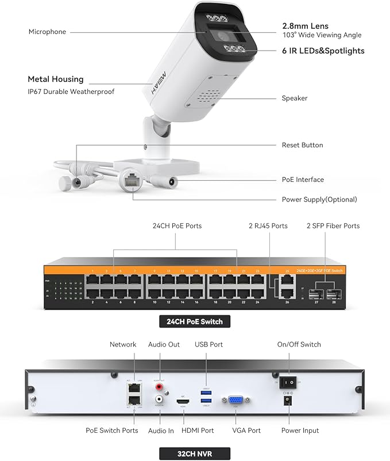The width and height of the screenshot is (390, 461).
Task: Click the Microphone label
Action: pos(47,32)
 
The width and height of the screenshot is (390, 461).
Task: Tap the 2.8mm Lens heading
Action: pos(304,26)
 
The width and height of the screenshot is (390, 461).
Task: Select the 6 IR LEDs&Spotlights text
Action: pos(323,51)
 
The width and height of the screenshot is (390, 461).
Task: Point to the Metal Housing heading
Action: pos(56,79)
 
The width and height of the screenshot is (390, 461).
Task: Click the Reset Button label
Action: pos(302,145)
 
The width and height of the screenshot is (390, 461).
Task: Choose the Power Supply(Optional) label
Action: pos(319,200)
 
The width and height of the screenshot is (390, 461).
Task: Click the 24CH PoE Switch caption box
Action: pos(195,321)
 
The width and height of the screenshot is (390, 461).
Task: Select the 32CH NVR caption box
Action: pos(195,453)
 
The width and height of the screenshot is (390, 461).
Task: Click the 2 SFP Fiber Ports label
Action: pos(333,226)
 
